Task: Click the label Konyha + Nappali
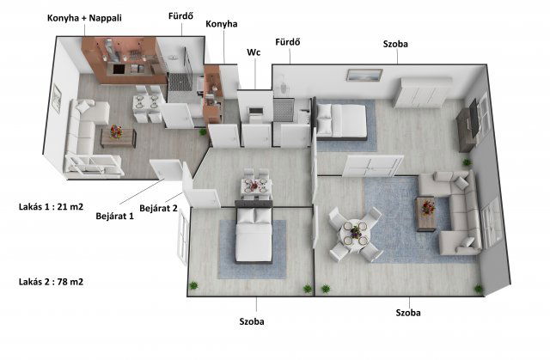coord(84,18)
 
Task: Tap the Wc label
coord(254,52)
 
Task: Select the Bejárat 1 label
coord(114,216)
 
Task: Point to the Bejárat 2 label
coord(158,208)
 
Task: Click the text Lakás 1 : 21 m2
coord(52,207)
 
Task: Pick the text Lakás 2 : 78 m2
coord(52,282)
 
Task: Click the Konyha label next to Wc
coord(222,24)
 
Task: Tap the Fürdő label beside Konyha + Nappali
coord(180,15)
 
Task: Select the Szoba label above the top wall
coord(395,44)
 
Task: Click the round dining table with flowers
coord(355,232)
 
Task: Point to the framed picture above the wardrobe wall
coord(364,75)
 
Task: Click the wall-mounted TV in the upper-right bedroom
coord(474,117)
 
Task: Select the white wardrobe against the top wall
coord(421,93)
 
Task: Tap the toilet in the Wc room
coord(255,113)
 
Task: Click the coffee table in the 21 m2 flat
coord(119,137)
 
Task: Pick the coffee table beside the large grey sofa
coord(426,214)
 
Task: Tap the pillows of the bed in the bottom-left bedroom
coord(254,217)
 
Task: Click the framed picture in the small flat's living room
coord(56,99)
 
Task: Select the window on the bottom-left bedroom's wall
coord(183,235)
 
